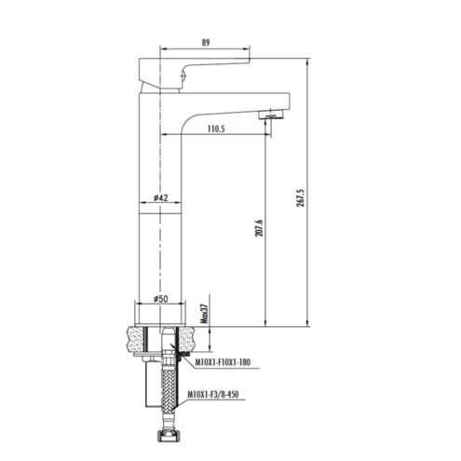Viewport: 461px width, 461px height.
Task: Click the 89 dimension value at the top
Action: tap(206, 43)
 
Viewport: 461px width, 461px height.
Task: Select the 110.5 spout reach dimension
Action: tap(216, 129)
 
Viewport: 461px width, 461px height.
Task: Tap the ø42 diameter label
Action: tap(161, 197)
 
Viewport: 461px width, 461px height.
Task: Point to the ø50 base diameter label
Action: tap(161, 299)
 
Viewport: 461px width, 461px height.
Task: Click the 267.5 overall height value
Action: tap(300, 198)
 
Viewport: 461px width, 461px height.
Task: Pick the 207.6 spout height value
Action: tap(259, 228)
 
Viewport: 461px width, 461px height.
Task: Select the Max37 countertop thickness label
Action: tap(204, 314)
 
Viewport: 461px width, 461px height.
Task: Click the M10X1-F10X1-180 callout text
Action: tap(223, 362)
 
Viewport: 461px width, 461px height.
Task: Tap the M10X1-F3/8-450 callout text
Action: tap(213, 395)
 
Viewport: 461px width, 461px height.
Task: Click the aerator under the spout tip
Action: tap(271, 115)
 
